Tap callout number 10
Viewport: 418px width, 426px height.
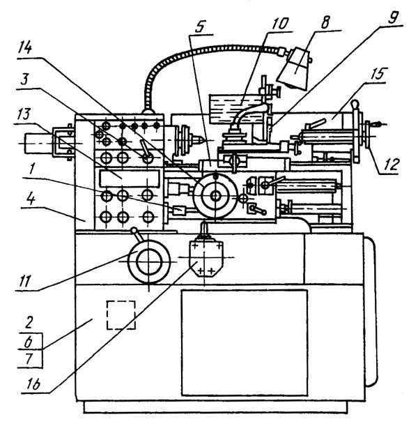tap(279, 24)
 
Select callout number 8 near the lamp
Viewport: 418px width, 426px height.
tap(325, 22)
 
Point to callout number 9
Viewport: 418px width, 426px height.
tap(392, 17)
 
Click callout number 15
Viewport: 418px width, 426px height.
tap(378, 73)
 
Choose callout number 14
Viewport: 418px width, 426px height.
tap(24, 49)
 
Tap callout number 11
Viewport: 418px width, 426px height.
tap(24, 281)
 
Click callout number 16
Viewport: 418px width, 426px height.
tap(33, 384)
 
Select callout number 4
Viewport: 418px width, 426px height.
tap(31, 199)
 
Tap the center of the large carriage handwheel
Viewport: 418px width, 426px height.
tap(216, 196)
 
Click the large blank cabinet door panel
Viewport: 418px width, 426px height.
tap(245, 342)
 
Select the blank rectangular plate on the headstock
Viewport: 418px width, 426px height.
tap(129, 178)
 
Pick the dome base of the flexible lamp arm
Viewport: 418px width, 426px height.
tap(148, 111)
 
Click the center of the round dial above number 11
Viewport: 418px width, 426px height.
tap(149, 262)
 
